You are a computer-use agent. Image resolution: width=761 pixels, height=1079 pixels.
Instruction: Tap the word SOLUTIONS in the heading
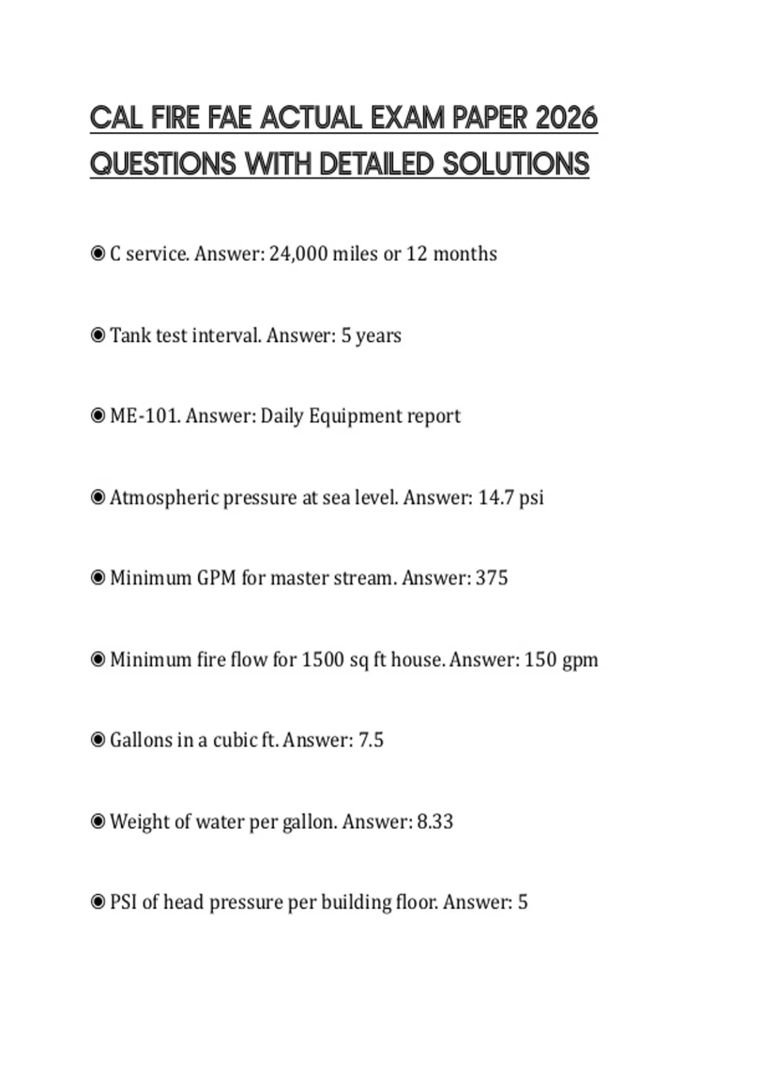(x=516, y=164)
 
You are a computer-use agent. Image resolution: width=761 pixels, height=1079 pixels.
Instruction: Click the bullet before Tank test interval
(x=98, y=335)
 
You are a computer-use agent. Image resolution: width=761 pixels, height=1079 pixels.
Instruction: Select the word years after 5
(x=379, y=336)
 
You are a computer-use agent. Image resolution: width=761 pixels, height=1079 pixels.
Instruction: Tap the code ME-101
(x=145, y=416)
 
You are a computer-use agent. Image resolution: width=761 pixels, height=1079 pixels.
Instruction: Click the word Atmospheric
(x=164, y=498)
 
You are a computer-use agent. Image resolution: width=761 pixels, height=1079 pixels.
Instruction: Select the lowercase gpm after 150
(x=580, y=661)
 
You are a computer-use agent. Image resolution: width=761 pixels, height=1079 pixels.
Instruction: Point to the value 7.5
(x=371, y=740)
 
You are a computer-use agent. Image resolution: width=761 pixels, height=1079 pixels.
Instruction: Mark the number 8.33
(x=435, y=821)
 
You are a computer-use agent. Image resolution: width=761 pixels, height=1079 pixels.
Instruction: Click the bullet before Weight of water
(x=98, y=821)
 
